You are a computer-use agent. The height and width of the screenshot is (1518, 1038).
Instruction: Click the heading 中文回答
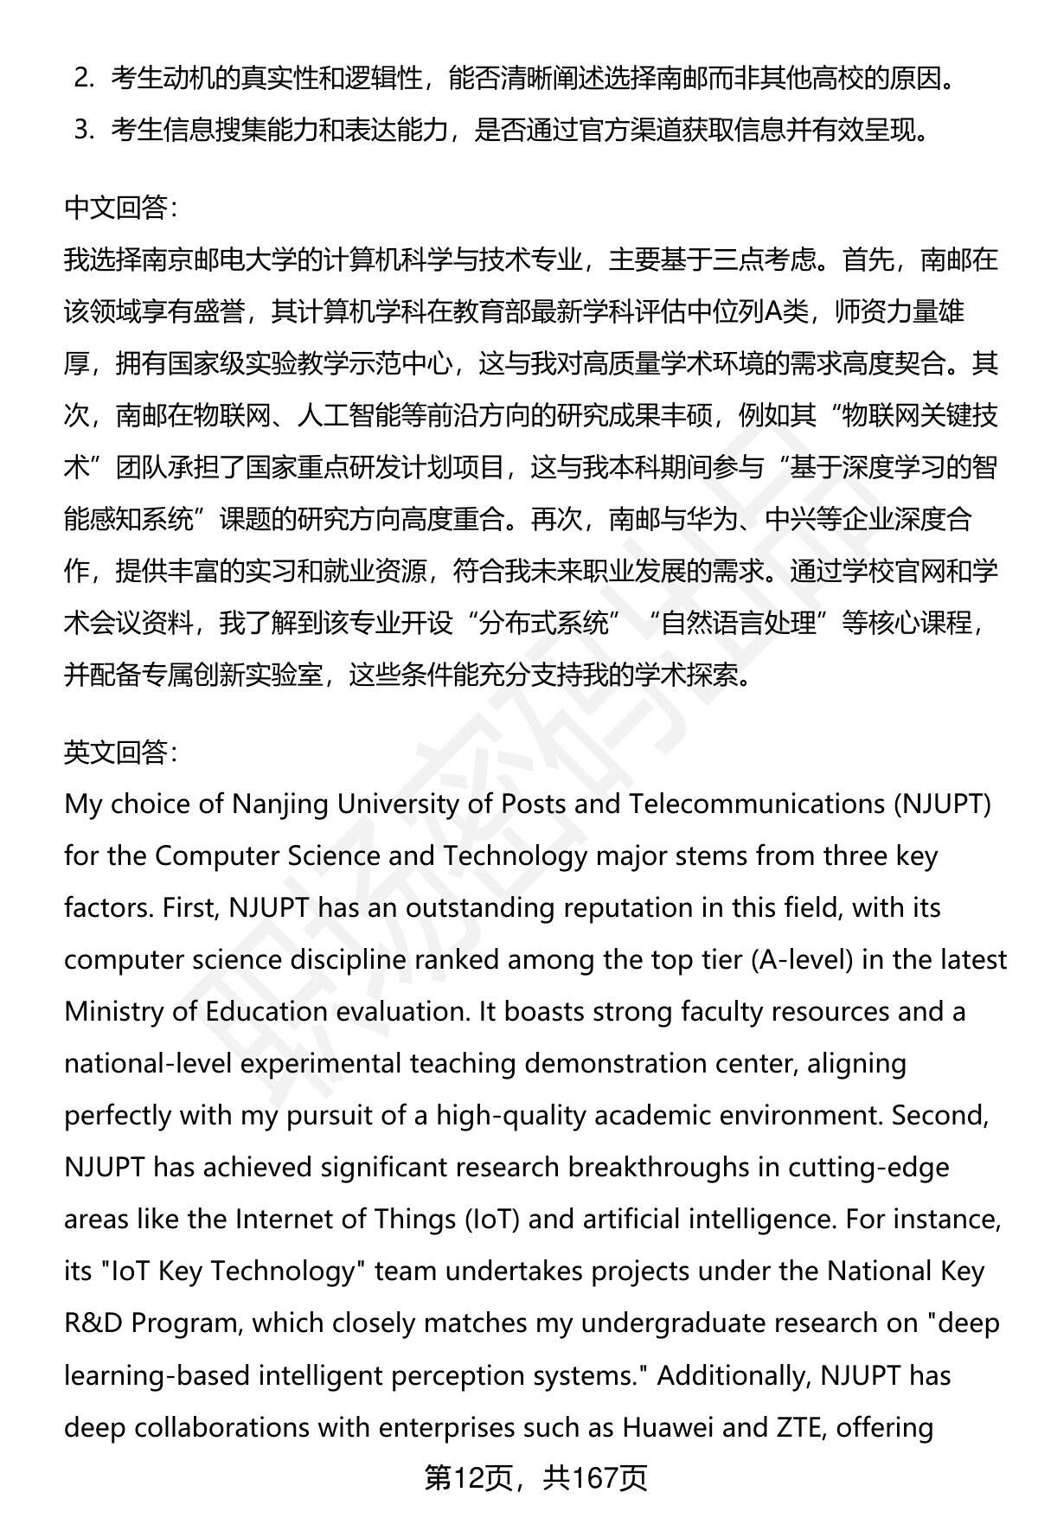tap(120, 208)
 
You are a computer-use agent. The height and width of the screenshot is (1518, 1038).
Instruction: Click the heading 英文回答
tap(120, 753)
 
